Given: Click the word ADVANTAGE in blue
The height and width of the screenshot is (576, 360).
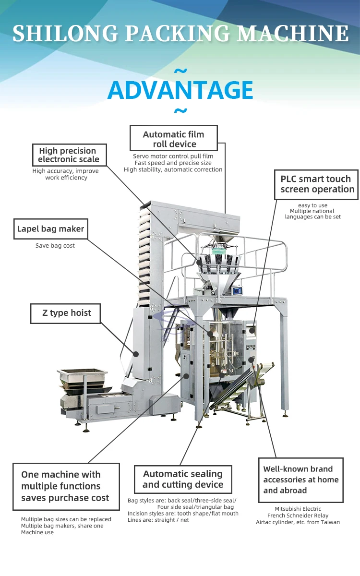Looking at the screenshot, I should [180, 90].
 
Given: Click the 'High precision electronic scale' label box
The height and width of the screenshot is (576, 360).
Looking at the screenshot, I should [69, 155].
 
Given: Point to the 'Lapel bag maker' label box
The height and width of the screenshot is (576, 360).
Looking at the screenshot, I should [50, 229].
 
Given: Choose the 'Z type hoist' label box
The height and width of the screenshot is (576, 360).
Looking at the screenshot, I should [66, 313].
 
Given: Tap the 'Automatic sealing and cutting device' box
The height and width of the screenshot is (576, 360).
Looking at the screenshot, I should [183, 479].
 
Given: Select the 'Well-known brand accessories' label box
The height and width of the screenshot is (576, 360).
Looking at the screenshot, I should [301, 480].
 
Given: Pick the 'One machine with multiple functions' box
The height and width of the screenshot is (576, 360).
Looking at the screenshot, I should [66, 486].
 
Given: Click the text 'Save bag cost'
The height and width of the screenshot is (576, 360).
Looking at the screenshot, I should [55, 246].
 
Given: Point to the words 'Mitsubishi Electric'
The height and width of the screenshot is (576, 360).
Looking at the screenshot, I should [298, 509].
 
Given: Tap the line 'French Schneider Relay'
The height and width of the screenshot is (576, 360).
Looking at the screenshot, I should [298, 516].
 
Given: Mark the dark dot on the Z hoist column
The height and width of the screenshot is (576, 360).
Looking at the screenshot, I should [136, 354].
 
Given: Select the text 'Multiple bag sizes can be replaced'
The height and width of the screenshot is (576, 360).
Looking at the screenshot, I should [66, 519].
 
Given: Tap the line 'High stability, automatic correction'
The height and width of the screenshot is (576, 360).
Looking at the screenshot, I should [173, 169].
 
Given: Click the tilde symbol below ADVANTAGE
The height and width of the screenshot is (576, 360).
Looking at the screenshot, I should [180, 112].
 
